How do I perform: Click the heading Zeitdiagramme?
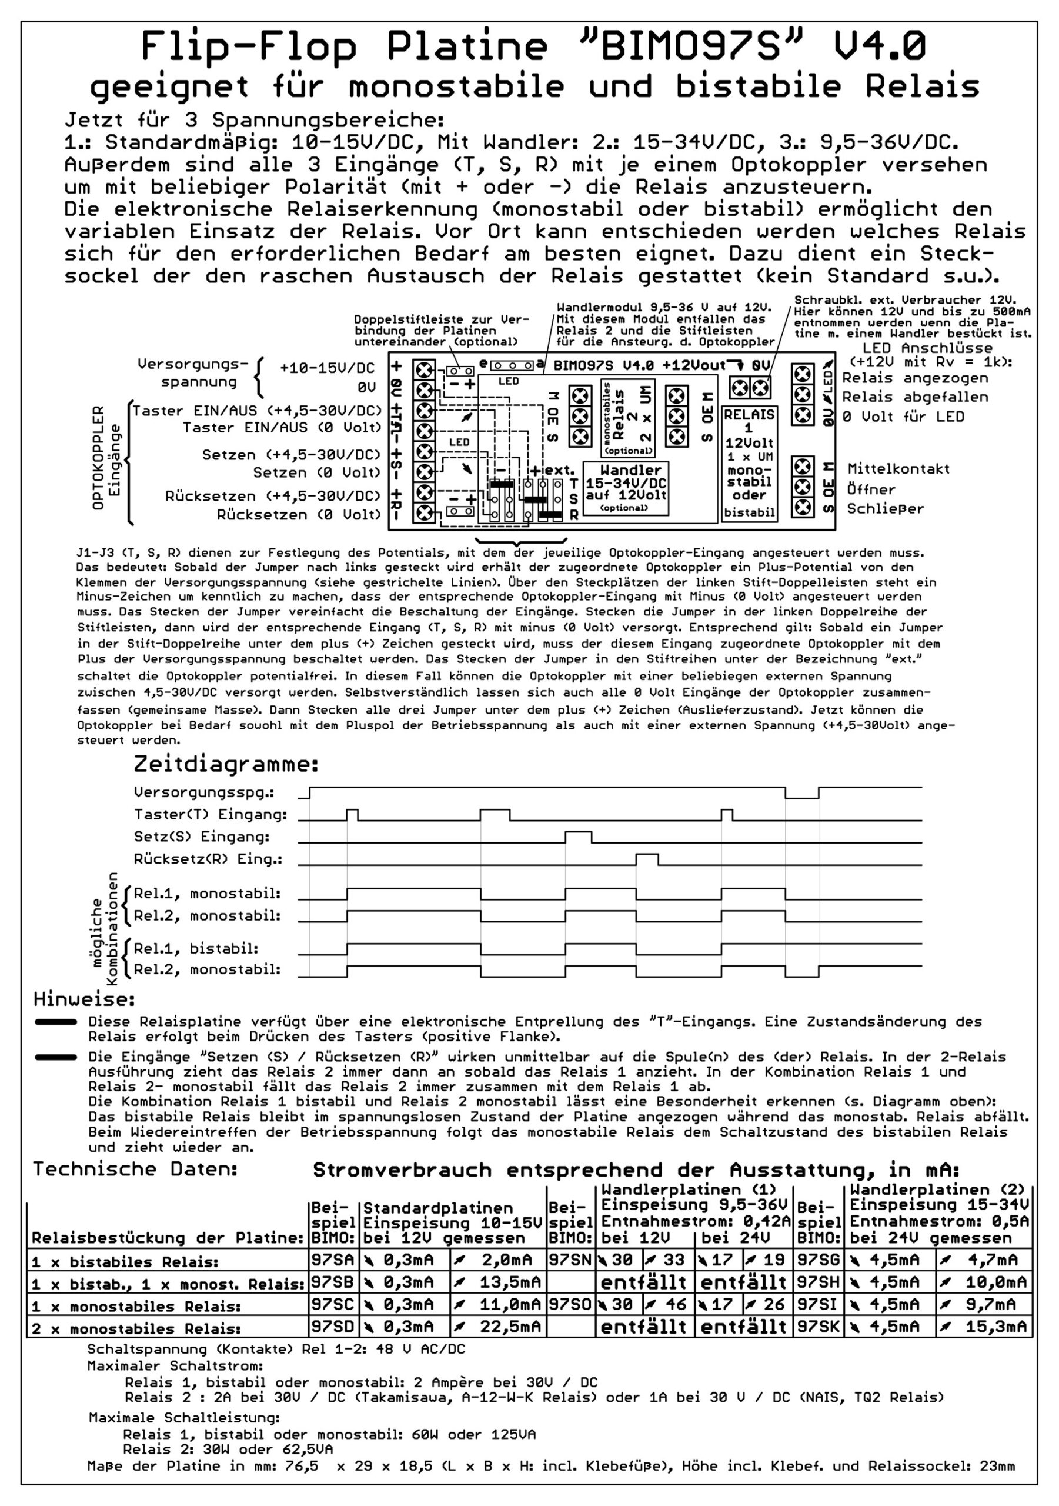(x=226, y=764)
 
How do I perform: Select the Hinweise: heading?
(x=85, y=999)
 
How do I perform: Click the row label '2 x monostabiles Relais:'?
(x=136, y=1329)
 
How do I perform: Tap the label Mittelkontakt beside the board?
(x=898, y=468)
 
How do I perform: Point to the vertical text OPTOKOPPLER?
(x=98, y=457)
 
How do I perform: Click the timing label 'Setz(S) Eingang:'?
(x=202, y=837)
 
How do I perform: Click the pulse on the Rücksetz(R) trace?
(x=647, y=859)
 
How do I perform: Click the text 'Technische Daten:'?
(x=135, y=1169)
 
